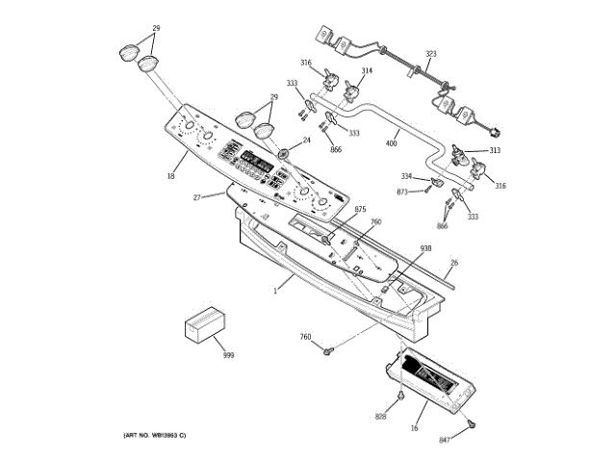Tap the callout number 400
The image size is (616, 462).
pos(391,143)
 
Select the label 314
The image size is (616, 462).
pos(367,71)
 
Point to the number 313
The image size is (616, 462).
pos(494,151)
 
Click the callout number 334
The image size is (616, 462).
pos(406,176)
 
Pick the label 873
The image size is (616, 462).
pos(402,192)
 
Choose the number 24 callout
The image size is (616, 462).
pos(307,141)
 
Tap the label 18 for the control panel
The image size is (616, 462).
pos(170,175)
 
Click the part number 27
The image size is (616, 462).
pos(196,197)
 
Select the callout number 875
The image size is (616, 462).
pos(360,210)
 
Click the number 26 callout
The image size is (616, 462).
pos(454,263)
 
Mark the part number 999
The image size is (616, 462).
pos(228,356)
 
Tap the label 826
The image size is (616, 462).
pos(381,416)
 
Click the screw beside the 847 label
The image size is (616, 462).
pos(469,423)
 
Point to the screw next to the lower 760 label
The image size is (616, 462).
pos(328,350)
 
